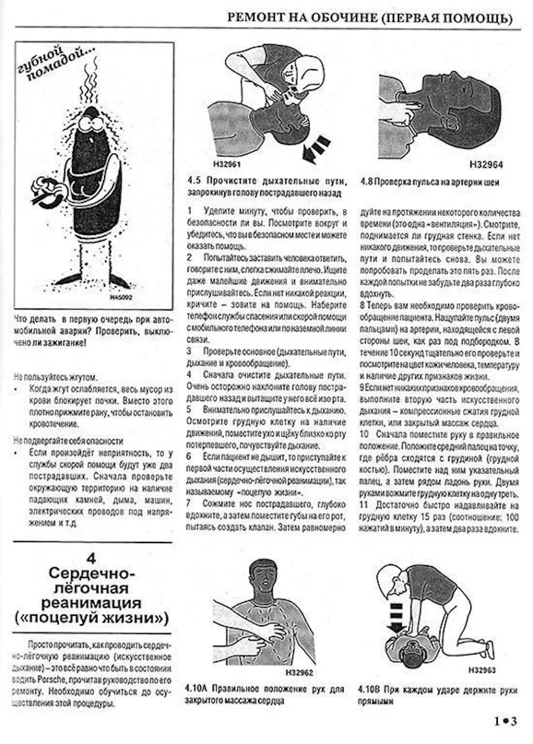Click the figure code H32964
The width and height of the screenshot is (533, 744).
486,165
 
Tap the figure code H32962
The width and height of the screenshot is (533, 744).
299,672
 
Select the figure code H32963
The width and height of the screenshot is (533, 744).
482,670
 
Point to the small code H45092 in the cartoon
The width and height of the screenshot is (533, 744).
122,298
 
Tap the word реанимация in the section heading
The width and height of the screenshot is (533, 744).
91,603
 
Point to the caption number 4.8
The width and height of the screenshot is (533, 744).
366,182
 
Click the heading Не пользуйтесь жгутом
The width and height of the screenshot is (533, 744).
56,376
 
